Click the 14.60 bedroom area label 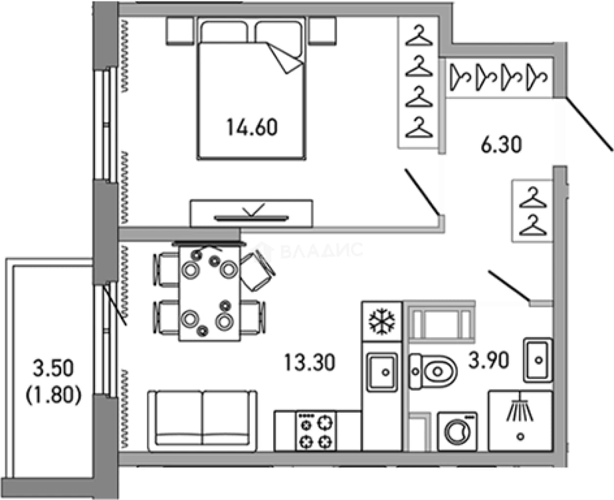[252, 127]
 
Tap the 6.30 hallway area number [501, 145]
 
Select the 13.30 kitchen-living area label [309, 362]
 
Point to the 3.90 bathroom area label [489, 360]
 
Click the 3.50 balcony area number [54, 368]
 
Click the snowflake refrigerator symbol [382, 322]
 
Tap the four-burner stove [316, 431]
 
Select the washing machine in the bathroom [457, 432]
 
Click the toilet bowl [433, 372]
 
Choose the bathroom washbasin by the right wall [538, 360]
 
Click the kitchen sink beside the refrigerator [382, 373]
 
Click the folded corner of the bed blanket [285, 58]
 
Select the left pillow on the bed [224, 31]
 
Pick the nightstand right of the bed [323, 31]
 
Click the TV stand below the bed [251, 214]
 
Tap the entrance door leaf [589, 124]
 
